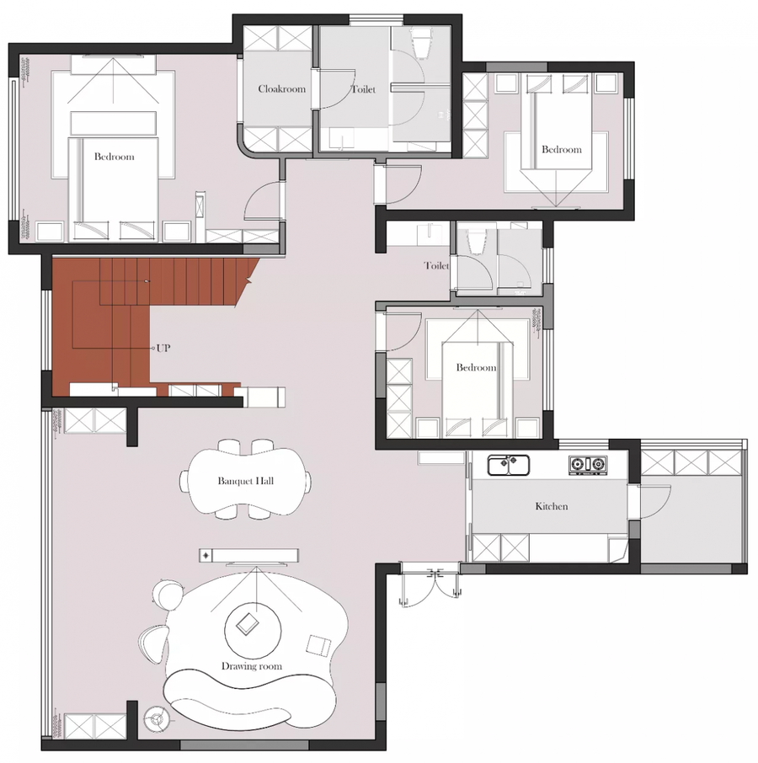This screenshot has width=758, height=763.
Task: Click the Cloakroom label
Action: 281,89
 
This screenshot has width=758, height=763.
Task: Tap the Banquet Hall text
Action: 246,481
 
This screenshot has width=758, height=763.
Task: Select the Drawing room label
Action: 252,666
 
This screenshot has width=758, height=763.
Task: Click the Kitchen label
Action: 551,506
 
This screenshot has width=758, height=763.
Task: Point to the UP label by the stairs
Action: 163,348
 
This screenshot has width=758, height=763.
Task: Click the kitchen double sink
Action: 509,465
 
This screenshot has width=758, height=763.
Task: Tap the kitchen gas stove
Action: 588,465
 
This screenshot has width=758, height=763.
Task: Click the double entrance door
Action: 430,586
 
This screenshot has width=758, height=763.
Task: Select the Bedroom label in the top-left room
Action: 115,157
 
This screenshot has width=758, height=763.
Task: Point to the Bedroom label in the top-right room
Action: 562,149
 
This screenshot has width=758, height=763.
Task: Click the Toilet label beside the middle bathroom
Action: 436,265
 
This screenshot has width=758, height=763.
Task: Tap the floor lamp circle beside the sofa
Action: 157,718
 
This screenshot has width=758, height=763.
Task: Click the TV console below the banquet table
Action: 248,555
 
